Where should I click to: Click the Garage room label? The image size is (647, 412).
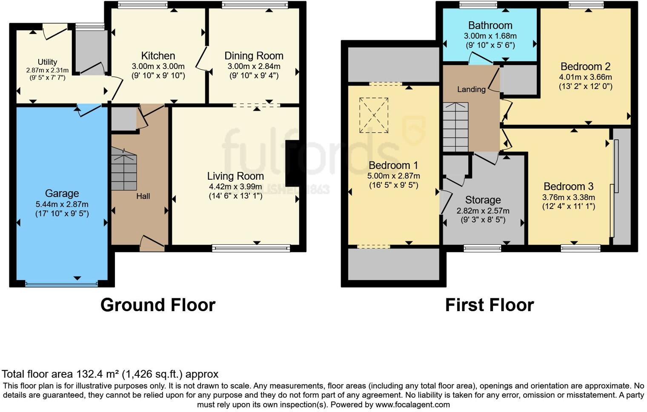tap(62, 194)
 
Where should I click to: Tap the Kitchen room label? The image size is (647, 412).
tap(158, 56)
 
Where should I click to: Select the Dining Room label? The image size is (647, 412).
tap(254, 56)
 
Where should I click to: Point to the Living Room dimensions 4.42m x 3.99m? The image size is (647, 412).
tap(235, 186)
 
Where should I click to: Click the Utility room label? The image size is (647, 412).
tap(47, 62)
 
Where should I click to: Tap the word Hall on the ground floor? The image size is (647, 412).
tap(143, 196)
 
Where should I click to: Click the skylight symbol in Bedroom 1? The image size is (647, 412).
tap(373, 115)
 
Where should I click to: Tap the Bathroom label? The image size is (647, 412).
tap(490, 26)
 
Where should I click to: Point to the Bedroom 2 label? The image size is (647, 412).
tap(585, 66)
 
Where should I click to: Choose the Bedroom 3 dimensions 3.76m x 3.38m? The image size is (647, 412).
tap(568, 197)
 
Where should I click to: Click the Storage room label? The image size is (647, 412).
tap(483, 200)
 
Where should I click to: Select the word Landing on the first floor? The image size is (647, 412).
tap(471, 89)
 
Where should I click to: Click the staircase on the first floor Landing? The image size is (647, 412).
tap(455, 127)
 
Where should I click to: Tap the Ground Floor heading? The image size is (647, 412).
tap(158, 305)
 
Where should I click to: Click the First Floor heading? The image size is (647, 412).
tap(489, 305)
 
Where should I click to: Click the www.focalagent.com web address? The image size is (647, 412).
tap(412, 404)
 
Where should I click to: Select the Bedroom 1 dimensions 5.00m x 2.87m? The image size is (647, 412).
tap(393, 176)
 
